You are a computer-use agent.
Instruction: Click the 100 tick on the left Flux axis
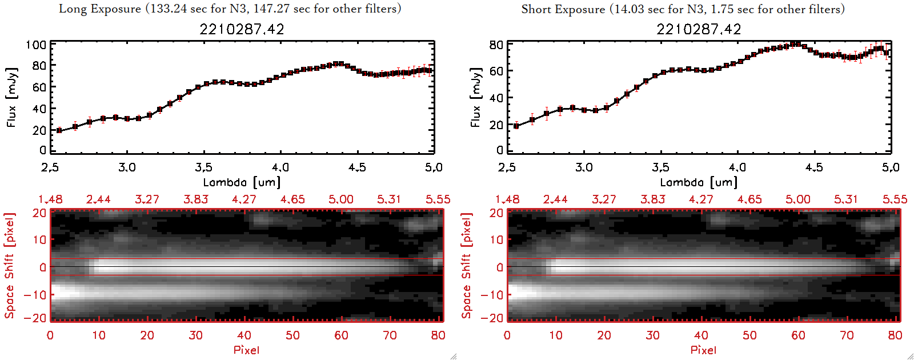pyautogui.click(x=36, y=45)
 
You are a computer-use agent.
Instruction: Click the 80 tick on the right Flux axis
pyautogui.click(x=496, y=45)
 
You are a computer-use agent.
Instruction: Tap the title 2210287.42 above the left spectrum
pyautogui.click(x=242, y=29)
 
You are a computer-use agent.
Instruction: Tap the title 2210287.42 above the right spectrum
pyautogui.click(x=699, y=29)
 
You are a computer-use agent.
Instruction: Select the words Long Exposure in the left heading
pyautogui.click(x=100, y=9)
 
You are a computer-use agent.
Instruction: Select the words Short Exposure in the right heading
pyautogui.click(x=563, y=9)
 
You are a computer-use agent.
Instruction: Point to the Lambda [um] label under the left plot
pyautogui.click(x=242, y=182)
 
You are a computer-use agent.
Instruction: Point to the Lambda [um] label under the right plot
pyautogui.click(x=699, y=182)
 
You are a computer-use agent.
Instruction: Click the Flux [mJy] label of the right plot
pyautogui.click(x=475, y=97)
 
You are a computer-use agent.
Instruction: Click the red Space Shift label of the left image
pyautogui.click(x=10, y=266)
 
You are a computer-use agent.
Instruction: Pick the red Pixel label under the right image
pyautogui.click(x=703, y=350)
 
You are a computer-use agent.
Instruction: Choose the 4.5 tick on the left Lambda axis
pyautogui.click(x=357, y=167)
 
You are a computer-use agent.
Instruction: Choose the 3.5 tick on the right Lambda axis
pyautogui.click(x=660, y=167)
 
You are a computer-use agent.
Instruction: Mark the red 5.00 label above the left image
pyautogui.click(x=340, y=199)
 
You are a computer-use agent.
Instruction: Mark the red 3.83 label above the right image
pyautogui.click(x=652, y=199)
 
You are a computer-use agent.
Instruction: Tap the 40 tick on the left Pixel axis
pyautogui.click(x=244, y=335)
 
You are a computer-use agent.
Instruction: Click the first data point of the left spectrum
pyautogui.click(x=59, y=130)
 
